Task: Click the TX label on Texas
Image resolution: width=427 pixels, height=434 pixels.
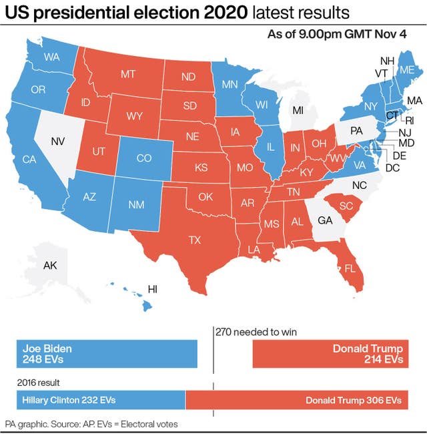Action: coord(195,239)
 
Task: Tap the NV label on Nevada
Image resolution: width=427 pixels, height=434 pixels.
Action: coord(58,141)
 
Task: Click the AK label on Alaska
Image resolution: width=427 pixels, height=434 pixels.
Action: coord(50,265)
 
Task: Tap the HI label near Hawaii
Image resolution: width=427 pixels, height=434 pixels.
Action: coord(152,289)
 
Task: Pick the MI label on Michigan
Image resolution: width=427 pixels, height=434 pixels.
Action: coord(298,110)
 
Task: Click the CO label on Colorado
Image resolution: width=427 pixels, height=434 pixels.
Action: coord(144,158)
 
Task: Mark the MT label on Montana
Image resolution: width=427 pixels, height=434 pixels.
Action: coord(129,74)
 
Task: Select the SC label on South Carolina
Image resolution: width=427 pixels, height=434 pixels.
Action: coord(346,205)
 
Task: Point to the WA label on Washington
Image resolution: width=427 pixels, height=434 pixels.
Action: coord(52,57)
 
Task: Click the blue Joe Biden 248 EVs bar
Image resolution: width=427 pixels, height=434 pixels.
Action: coord(107,354)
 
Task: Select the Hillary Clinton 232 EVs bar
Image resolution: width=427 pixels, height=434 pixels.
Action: coord(100,400)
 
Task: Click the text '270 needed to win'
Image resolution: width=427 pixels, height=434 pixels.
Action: coord(256,332)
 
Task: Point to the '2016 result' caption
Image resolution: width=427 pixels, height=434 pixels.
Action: coord(38,383)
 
